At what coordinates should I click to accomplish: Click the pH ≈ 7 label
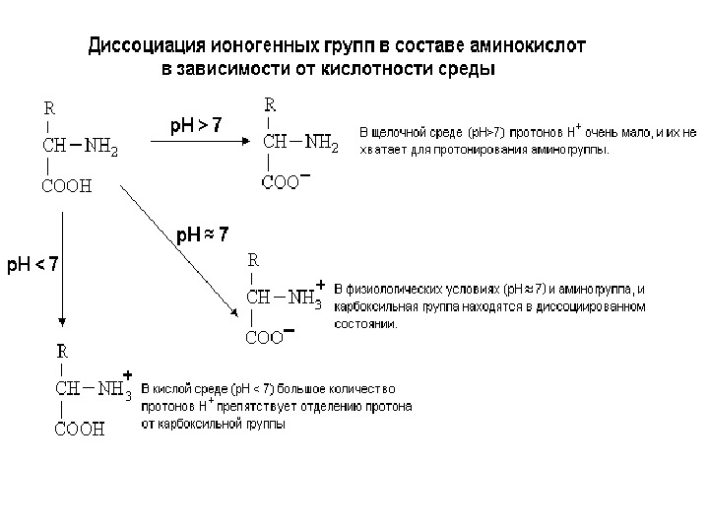pos(203,234)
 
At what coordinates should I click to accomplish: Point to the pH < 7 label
pos(33,264)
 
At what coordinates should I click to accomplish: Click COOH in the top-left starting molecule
pos(67,185)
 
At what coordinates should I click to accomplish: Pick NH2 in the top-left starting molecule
pos(101,148)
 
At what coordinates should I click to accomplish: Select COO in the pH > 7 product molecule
pos(280,181)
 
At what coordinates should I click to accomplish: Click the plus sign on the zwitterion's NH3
pos(320,284)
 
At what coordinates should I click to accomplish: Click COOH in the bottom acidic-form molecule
pos(79,430)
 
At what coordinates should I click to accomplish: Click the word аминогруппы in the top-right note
pos(574,151)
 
